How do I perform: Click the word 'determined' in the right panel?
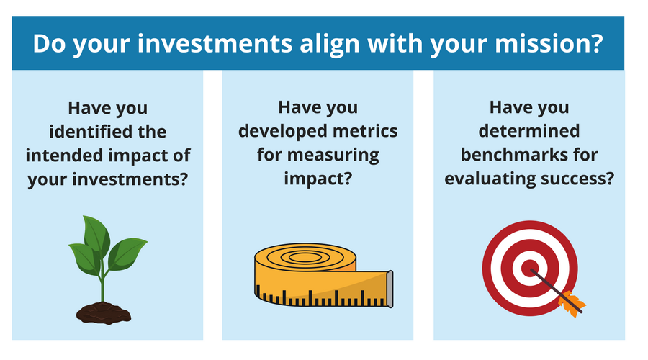529,132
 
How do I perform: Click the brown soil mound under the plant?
103,311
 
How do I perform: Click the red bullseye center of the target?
531,268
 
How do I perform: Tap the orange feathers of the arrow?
573,302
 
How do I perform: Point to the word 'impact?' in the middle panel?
318,178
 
